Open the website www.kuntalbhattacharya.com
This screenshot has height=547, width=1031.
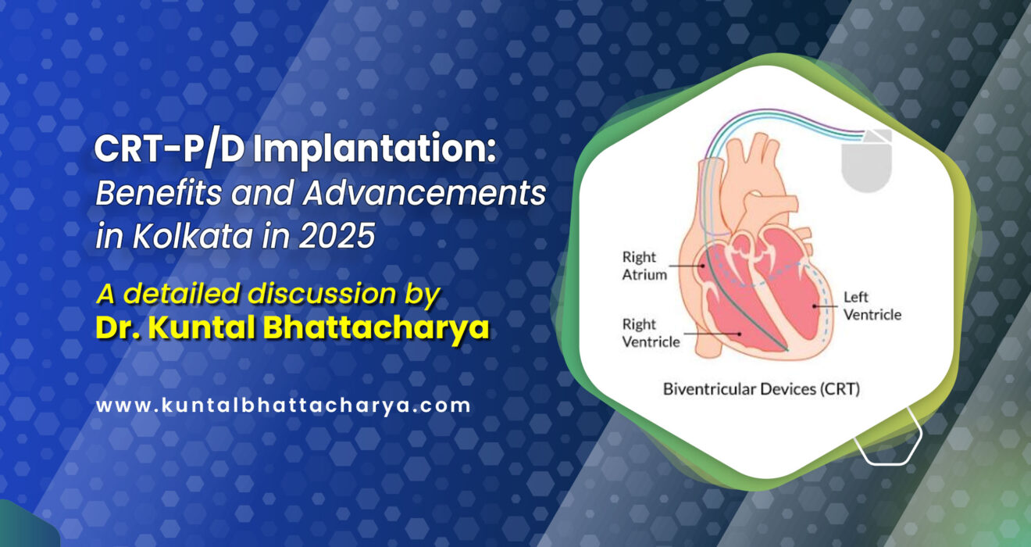tap(284, 406)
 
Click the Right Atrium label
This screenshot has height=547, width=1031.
tap(639, 266)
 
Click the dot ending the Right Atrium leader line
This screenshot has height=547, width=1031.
tap(704, 266)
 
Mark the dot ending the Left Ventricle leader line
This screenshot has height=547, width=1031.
tap(814, 306)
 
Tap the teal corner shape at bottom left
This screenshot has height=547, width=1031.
tap(23, 531)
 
